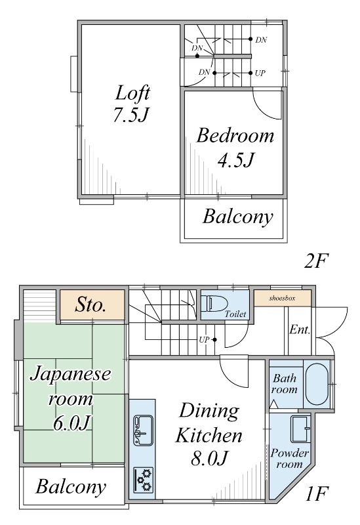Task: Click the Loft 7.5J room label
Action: [x=132, y=104]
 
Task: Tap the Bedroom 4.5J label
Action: [x=235, y=147]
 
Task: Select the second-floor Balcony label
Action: [x=238, y=217]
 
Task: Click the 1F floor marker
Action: [x=317, y=493]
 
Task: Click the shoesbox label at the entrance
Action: [x=282, y=298]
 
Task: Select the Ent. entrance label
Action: [x=300, y=329]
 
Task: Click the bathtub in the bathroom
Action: [x=317, y=384]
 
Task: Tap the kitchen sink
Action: [x=143, y=430]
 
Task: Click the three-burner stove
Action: [x=144, y=480]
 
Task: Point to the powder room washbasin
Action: [x=300, y=429]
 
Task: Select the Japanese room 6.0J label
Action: [x=70, y=398]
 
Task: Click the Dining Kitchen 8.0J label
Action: [x=209, y=434]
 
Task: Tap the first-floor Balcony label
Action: [x=71, y=486]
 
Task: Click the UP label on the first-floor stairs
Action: [x=204, y=340]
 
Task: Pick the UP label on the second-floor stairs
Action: [x=260, y=73]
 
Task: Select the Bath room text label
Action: [x=285, y=384]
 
